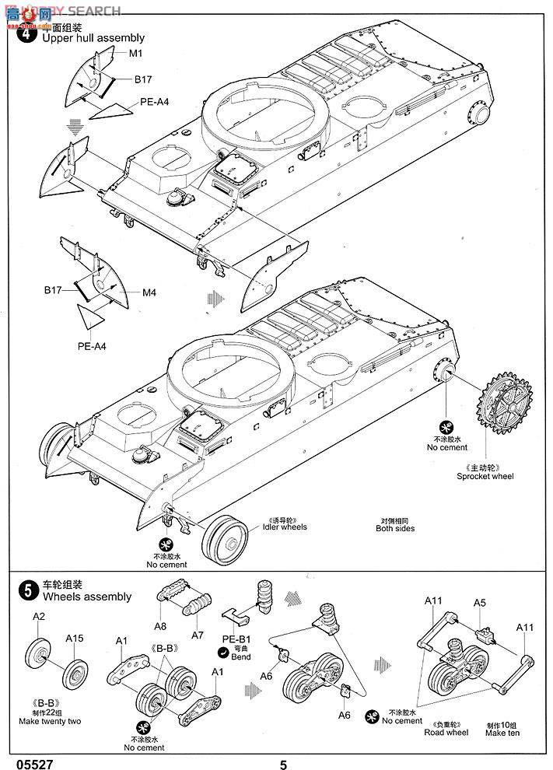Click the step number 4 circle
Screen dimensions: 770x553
[26, 34]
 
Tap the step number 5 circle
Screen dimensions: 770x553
[26, 591]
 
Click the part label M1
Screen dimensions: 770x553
[137, 53]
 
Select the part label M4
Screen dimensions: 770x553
[149, 292]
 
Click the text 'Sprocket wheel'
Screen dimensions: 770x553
[486, 476]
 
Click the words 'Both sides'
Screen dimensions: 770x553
[395, 528]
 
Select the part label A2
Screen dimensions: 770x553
[39, 616]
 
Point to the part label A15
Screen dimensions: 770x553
[75, 639]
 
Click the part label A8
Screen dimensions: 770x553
[160, 625]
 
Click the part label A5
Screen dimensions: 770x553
[480, 602]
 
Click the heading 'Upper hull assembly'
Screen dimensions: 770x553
[93, 37]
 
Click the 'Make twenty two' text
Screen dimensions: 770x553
[50, 721]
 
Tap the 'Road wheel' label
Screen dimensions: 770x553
[446, 732]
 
